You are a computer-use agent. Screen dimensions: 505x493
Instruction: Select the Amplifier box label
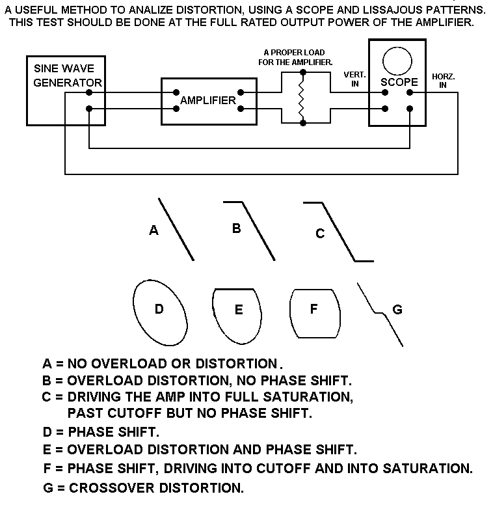tap(207, 100)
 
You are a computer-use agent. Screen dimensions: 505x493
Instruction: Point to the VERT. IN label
tap(354, 79)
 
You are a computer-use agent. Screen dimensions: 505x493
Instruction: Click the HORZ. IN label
tap(443, 81)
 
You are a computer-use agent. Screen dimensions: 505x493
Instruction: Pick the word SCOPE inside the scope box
tap(399, 82)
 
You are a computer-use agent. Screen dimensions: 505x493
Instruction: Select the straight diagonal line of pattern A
tap(176, 229)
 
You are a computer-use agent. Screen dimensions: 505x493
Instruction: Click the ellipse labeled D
tap(160, 313)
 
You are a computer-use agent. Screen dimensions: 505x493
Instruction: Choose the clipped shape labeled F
tap(315, 313)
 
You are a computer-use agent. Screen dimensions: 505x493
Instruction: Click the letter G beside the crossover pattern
tap(397, 309)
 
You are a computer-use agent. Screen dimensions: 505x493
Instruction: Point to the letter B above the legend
tap(237, 228)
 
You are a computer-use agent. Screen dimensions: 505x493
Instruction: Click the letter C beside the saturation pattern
tap(319, 234)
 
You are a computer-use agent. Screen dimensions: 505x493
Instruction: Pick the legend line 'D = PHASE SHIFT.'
tap(100, 431)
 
